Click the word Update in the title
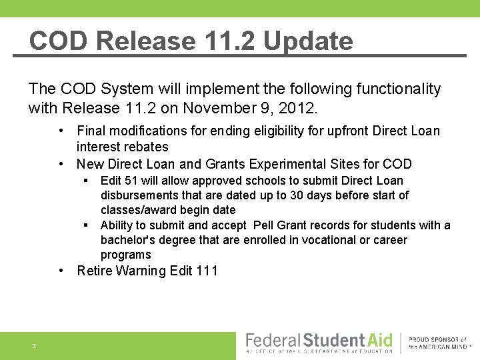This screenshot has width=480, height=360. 307,41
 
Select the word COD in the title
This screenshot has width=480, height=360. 59,41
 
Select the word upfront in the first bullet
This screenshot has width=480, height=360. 341,131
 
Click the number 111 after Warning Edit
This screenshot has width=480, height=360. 207,271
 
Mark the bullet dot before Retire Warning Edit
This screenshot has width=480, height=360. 61,271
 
